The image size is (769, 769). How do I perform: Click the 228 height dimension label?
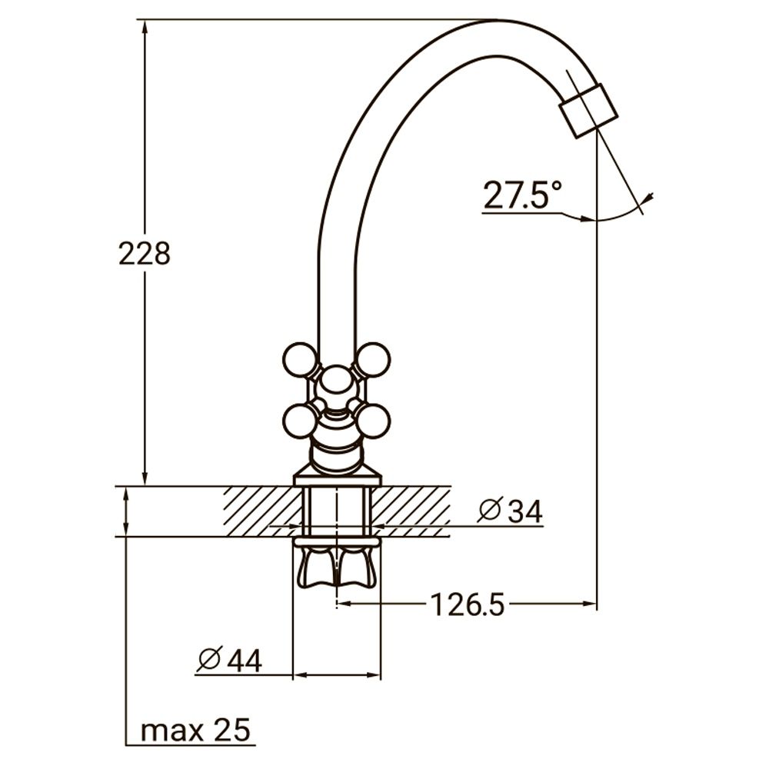[x=145, y=253]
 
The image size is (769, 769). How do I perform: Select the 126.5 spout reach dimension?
[x=467, y=605]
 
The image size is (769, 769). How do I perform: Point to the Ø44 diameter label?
[x=229, y=659]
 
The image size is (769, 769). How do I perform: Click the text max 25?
[x=196, y=731]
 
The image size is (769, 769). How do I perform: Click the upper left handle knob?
[x=299, y=360]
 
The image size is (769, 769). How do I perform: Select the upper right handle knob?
[x=373, y=359]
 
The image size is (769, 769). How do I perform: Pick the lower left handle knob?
[x=299, y=421]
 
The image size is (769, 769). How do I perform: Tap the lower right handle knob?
[x=374, y=421]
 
